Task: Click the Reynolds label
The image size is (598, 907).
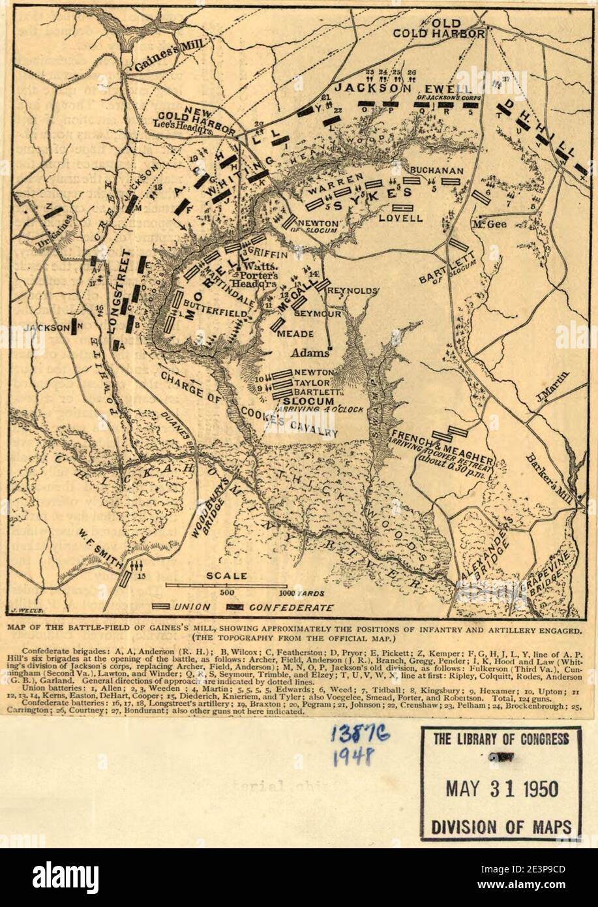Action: pos(354,290)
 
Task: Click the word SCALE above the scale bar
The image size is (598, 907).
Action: pos(226,576)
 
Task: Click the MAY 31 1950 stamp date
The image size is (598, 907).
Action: pos(501,789)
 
